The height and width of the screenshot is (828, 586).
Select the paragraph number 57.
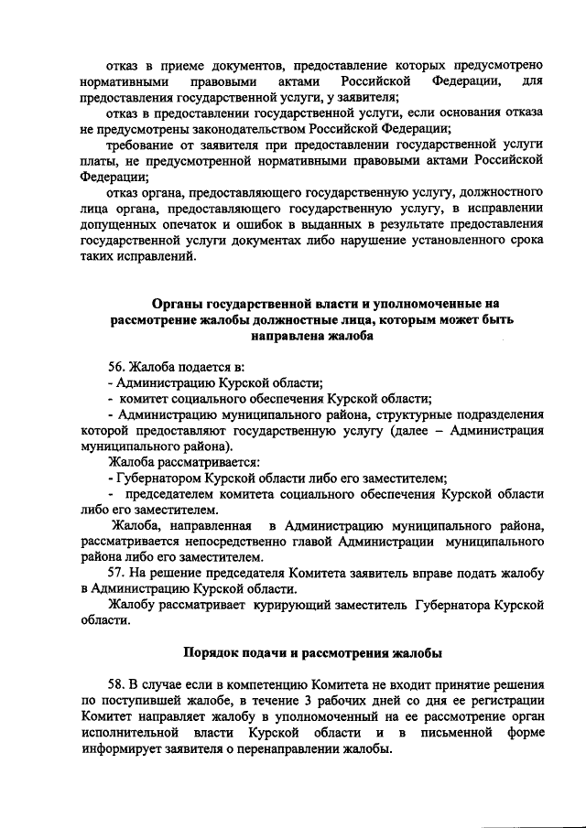tap(117, 573)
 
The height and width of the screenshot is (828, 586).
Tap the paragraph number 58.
tap(117, 685)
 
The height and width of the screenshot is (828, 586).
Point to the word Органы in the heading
tap(177, 303)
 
